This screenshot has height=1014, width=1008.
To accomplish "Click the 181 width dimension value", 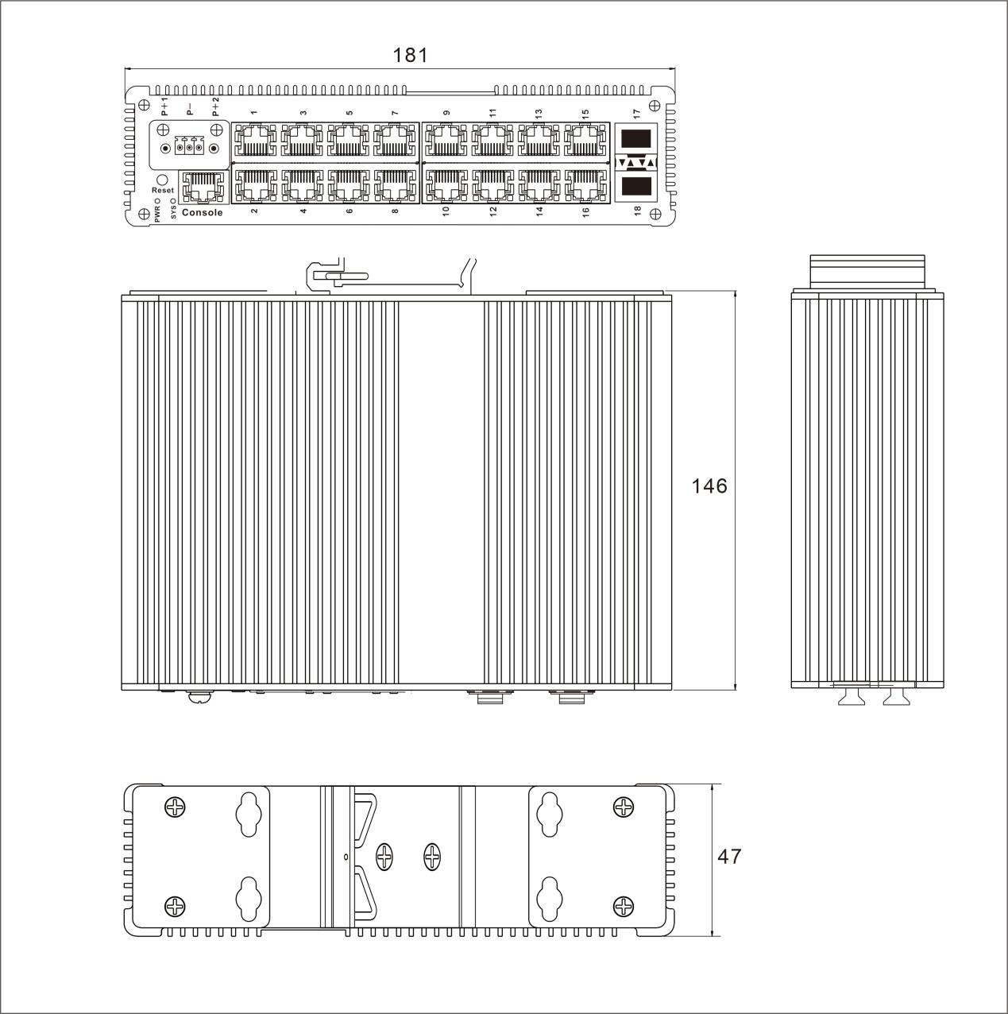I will point(411,55).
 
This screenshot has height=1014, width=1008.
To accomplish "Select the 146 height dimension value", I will point(709,486).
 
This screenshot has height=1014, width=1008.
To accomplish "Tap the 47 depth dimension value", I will point(729,856).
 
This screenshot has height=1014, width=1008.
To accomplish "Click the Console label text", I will point(203,213).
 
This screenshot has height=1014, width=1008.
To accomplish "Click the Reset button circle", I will point(163,180).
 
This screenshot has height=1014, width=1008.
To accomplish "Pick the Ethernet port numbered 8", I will point(395,185).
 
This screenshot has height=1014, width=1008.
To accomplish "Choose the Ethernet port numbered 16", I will point(585,185).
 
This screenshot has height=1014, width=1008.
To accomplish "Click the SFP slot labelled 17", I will point(635,139).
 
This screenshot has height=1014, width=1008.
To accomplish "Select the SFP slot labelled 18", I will point(635,187).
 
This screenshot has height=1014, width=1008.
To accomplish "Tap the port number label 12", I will point(492,211).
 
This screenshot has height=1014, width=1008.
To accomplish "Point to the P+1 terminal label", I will point(164,106).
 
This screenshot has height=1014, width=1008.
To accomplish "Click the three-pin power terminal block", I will point(190,148).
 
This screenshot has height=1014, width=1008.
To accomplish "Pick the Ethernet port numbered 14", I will point(539,185).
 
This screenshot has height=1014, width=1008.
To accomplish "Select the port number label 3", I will point(303,113).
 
